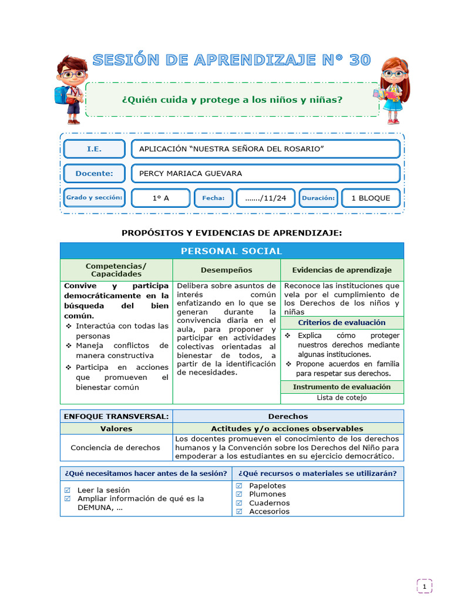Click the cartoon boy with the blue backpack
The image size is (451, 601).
[x=70, y=89]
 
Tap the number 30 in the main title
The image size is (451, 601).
[x=359, y=60]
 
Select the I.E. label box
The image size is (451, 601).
[x=94, y=149]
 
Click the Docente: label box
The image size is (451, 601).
[x=94, y=174]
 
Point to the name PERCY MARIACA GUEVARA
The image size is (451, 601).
[x=190, y=174]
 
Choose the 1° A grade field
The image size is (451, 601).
[x=160, y=198]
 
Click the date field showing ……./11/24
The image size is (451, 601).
[x=265, y=198]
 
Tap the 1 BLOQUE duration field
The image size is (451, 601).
[x=371, y=198]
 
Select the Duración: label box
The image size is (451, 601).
[x=318, y=198]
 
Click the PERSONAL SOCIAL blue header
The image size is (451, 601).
[x=231, y=251]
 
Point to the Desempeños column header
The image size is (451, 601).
[x=226, y=270]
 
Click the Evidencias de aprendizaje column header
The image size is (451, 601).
[x=342, y=270]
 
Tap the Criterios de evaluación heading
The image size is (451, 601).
[x=342, y=323]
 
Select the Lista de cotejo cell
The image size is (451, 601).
[x=342, y=398]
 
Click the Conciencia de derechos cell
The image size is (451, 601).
[x=115, y=447]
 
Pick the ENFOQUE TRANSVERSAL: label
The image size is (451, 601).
[x=116, y=416]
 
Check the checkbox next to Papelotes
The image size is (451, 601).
[x=239, y=486]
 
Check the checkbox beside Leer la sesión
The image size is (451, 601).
[x=67, y=490]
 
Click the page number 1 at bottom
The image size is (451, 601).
[x=425, y=586]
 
